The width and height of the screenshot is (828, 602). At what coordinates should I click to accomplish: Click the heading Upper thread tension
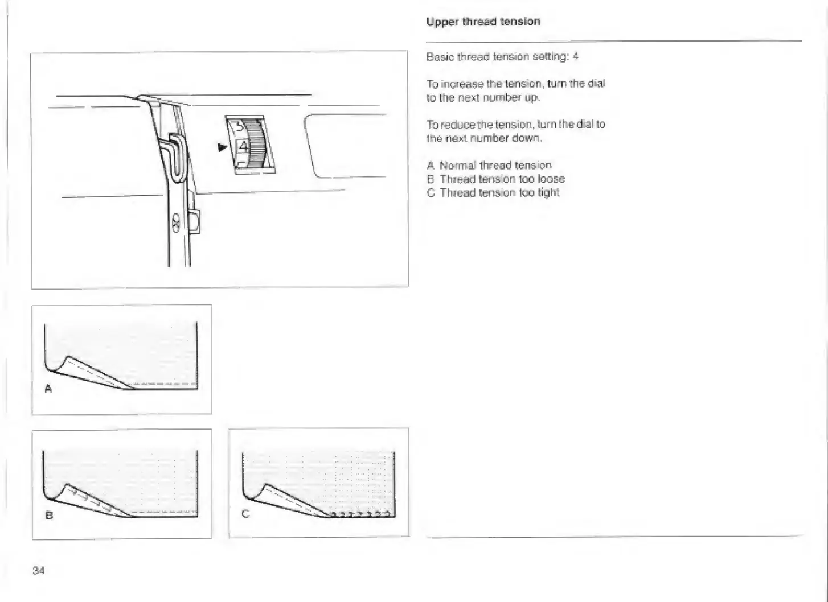pyautogui.click(x=483, y=22)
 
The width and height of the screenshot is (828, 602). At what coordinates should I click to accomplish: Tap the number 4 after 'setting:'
pyautogui.click(x=576, y=56)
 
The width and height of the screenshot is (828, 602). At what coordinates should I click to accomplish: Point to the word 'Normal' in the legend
pyautogui.click(x=458, y=166)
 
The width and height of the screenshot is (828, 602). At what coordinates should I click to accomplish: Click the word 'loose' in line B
pyautogui.click(x=551, y=179)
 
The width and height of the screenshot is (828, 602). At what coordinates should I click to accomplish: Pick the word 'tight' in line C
pyautogui.click(x=548, y=192)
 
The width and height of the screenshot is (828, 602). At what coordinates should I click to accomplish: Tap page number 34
pyautogui.click(x=39, y=570)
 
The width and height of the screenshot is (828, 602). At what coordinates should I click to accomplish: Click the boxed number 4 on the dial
pyautogui.click(x=243, y=146)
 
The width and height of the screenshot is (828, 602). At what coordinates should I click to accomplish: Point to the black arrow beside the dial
pyautogui.click(x=222, y=147)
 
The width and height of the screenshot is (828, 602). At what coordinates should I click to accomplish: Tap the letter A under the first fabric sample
pyautogui.click(x=48, y=389)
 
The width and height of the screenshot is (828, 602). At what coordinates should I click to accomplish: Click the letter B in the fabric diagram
pyautogui.click(x=49, y=516)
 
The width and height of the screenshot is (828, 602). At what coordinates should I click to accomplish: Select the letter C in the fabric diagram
pyautogui.click(x=245, y=514)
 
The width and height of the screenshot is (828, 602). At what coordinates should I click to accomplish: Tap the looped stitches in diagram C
pyautogui.click(x=364, y=515)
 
